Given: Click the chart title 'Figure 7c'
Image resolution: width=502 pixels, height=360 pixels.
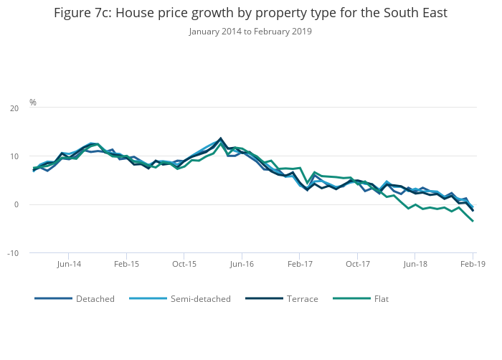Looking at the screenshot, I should (x=250, y=13).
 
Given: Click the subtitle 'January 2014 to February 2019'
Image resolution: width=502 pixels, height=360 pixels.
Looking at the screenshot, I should (x=250, y=32).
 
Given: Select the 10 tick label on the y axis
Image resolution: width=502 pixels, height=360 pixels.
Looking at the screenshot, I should (x=14, y=156).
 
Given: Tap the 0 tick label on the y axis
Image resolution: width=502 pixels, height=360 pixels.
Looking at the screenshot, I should (x=16, y=205).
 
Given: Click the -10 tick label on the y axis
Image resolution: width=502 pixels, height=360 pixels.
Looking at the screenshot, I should (x=13, y=253).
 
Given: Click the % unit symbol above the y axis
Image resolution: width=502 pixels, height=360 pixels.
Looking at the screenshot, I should (x=33, y=103).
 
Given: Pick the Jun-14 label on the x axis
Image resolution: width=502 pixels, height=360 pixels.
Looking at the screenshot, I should (x=68, y=265).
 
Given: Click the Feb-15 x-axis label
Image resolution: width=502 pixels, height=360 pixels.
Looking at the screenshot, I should (x=126, y=265).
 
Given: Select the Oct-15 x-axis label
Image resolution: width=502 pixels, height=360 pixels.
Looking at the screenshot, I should (x=184, y=265).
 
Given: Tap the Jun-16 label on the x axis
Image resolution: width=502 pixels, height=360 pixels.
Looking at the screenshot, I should (x=242, y=265).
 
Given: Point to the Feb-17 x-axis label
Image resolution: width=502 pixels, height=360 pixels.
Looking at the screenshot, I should (x=300, y=265).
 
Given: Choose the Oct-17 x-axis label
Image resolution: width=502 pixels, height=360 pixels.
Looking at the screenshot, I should (x=357, y=265).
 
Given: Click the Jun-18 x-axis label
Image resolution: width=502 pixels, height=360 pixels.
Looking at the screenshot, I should (x=415, y=265).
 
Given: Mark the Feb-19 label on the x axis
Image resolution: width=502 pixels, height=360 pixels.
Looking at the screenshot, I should (x=473, y=265).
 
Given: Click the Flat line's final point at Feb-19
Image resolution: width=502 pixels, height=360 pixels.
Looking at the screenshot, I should (x=473, y=221).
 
